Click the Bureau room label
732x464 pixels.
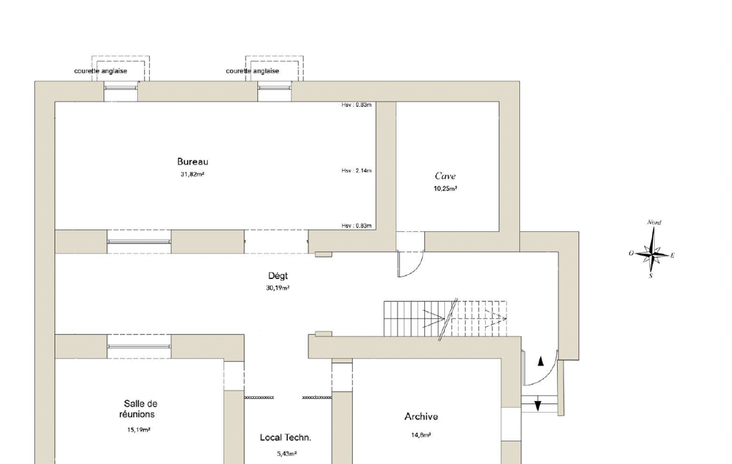(192, 162)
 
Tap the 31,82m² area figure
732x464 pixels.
(192, 175)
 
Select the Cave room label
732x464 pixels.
(445, 176)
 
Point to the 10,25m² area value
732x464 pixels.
(445, 188)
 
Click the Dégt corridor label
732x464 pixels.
(278, 276)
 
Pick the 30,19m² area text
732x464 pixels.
(278, 288)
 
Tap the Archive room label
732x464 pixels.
(421, 416)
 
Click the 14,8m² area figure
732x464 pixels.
(421, 435)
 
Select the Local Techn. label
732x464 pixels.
(285, 438)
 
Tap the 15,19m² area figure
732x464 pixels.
(139, 430)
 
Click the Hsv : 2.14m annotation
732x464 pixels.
(356, 171)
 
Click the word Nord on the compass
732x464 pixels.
(654, 222)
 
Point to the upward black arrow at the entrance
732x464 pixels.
(541, 360)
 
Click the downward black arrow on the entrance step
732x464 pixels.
(537, 405)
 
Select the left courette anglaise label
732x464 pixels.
(101, 71)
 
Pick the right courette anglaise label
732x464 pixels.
(253, 71)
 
